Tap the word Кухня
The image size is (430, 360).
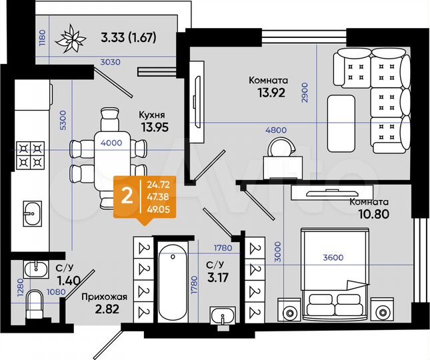click(x=153, y=113)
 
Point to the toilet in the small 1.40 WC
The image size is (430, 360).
click(x=33, y=309)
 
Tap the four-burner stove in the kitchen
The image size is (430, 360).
click(x=29, y=155)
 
